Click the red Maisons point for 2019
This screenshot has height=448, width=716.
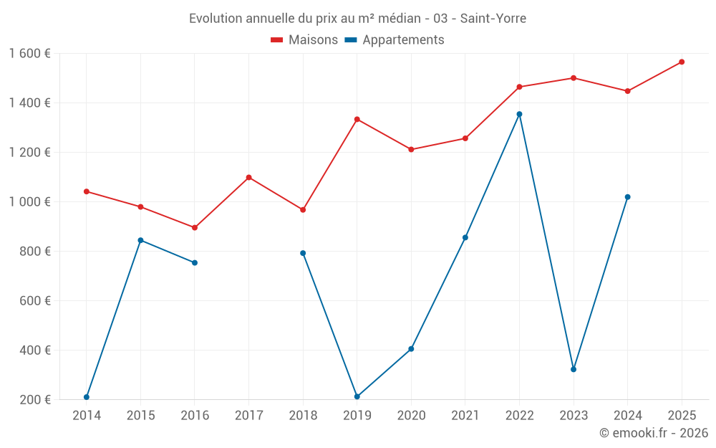point(357,119)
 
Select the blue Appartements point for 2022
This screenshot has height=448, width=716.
point(519,114)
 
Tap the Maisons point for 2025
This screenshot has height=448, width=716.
point(682,62)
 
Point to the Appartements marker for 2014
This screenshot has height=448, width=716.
point(87,397)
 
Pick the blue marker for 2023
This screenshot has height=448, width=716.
point(574,369)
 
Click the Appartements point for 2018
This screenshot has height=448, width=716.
point(303,253)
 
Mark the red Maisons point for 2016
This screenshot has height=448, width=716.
point(195,228)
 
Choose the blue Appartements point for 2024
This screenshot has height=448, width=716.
point(627,197)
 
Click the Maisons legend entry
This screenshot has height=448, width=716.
point(304,40)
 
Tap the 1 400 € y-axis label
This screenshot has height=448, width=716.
point(29,103)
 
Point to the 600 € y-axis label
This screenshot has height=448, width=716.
point(34,301)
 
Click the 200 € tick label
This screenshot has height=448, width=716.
point(34,400)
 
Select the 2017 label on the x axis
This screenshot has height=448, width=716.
point(248,416)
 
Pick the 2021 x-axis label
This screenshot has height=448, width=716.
point(465,416)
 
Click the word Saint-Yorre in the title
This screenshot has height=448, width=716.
point(493,18)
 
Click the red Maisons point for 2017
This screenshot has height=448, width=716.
point(248,177)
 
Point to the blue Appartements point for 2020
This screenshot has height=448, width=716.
point(411,349)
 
